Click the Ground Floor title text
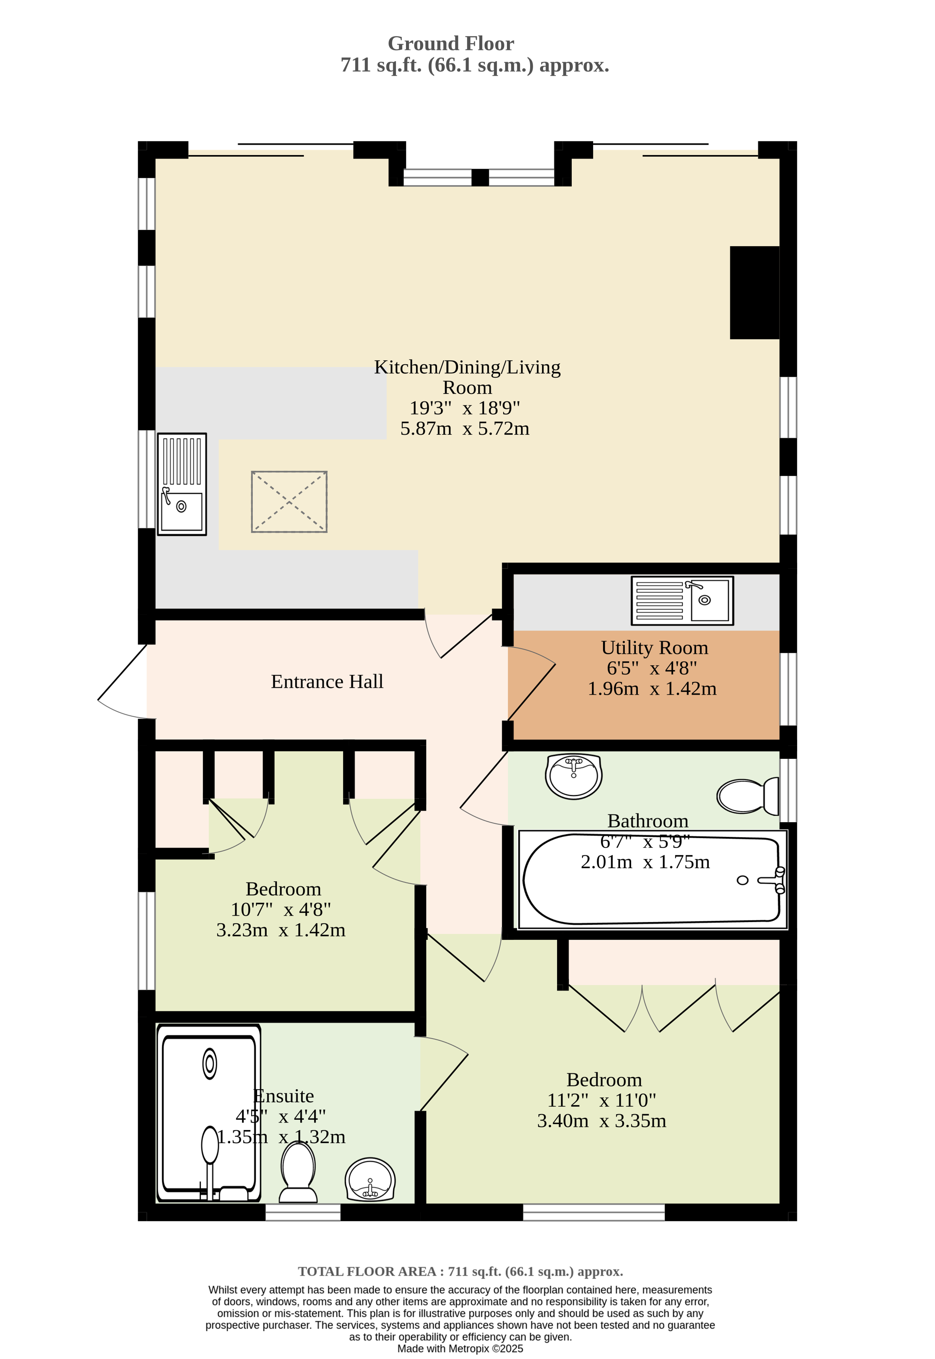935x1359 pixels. pyautogui.click(x=451, y=43)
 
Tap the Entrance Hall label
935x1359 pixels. pyautogui.click(x=327, y=682)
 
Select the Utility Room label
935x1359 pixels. pyautogui.click(x=654, y=648)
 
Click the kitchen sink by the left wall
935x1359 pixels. pyautogui.click(x=182, y=484)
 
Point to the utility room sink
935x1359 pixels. pyautogui.click(x=682, y=600)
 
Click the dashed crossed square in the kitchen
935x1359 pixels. pyautogui.click(x=289, y=502)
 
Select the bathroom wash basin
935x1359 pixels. pyautogui.click(x=574, y=776)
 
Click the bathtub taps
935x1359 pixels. pyautogui.click(x=773, y=880)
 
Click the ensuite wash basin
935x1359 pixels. pyautogui.click(x=370, y=1179)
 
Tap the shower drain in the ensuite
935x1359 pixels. pyautogui.click(x=209, y=1063)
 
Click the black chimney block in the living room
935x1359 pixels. pyautogui.click(x=754, y=292)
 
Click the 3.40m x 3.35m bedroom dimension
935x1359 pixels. pyautogui.click(x=602, y=1120)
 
